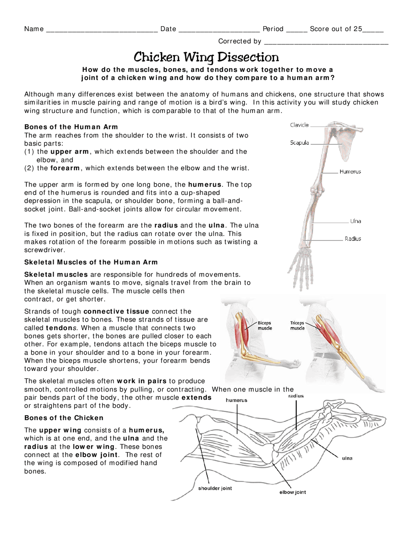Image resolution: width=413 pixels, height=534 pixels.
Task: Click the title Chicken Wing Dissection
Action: tap(206, 57)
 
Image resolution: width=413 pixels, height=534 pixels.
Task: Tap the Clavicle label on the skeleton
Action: tap(299, 125)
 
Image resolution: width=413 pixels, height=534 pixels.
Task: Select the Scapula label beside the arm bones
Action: tap(299, 143)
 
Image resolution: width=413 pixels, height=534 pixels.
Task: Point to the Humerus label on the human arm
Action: tap(350, 172)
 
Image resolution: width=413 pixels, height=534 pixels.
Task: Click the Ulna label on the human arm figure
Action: tap(356, 221)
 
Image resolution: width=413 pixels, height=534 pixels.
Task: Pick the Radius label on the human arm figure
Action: tap(353, 239)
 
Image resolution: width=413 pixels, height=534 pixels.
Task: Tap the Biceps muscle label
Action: tap(265, 325)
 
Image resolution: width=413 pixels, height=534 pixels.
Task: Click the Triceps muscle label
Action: tap(297, 325)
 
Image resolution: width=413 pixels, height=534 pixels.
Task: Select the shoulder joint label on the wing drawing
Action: tap(215, 488)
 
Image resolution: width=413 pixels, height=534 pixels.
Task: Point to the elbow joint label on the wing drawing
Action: tap(293, 492)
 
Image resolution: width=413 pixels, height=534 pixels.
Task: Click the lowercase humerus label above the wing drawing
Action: tap(237, 400)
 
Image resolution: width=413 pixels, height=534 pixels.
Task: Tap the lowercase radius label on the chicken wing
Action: tap(296, 396)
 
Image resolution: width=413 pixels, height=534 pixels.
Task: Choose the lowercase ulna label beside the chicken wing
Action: tap(347, 458)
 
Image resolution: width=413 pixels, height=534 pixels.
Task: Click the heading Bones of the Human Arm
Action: tap(71, 127)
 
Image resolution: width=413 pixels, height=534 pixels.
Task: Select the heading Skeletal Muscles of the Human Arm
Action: tap(91, 262)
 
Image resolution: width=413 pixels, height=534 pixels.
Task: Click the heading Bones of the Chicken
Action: tap(64, 418)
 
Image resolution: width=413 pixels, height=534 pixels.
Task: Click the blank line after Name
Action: tap(102, 30)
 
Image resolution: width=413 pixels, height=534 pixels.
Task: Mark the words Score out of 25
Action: tap(336, 29)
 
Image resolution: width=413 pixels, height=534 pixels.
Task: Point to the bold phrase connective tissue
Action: tap(116, 311)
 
